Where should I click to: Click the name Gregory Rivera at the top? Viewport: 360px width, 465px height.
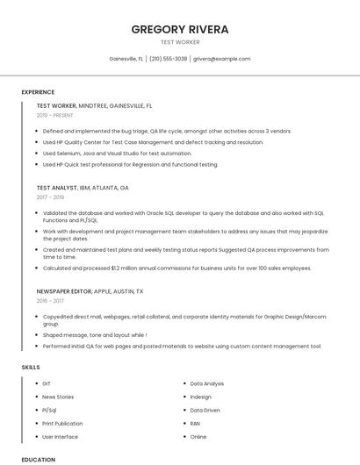click(180, 29)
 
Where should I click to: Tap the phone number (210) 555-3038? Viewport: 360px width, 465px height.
click(168, 59)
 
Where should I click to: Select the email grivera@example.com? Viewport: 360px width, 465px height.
click(222, 59)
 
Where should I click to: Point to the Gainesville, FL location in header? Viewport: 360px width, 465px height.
click(126, 59)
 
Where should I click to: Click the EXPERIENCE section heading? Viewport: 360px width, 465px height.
click(38, 92)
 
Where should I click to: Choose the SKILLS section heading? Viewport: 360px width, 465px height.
click(31, 367)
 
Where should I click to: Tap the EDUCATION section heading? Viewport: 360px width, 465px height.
click(38, 459)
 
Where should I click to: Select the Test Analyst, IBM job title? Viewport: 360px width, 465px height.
click(83, 188)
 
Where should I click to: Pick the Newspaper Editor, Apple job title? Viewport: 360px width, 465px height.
click(90, 291)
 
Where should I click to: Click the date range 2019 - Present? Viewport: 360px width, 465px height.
click(54, 115)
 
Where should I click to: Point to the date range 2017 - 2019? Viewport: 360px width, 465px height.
click(50, 197)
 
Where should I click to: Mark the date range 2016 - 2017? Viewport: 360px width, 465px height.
click(50, 301)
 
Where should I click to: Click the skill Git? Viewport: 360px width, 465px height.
click(47, 383)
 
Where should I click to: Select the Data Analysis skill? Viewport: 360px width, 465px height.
click(207, 383)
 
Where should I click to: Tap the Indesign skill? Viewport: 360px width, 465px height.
click(201, 397)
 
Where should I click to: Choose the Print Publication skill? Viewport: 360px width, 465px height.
click(62, 423)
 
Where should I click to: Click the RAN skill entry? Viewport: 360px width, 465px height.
click(195, 423)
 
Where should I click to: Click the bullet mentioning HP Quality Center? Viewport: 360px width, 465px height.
click(153, 142)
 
